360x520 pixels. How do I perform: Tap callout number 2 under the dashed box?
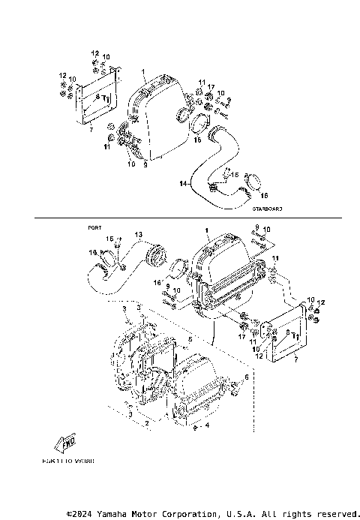pyautogui.click(x=147, y=423)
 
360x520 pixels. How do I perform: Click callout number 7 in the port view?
pyautogui.click(x=297, y=360)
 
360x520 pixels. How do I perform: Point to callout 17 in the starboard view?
pyautogui.click(x=212, y=87)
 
